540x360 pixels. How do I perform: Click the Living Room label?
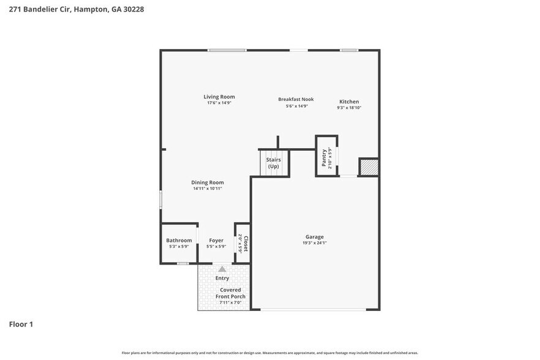pos(219,97)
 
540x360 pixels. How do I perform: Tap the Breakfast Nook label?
pos(296,99)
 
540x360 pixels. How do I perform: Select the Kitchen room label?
pos(349,102)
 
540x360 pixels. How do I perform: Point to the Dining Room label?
pos(207,182)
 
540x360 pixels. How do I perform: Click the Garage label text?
pos(315,237)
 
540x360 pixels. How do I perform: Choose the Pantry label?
pos(324,157)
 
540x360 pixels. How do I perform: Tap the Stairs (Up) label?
pos(273,163)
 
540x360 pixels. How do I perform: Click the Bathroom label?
pos(179,241)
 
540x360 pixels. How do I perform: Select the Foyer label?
pos(216,241)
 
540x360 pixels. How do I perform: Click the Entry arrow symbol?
pos(222,269)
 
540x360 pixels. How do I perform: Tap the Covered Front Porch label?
pos(230,293)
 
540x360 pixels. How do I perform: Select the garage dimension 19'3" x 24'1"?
pos(315,243)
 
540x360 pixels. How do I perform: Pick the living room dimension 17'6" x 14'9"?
pos(219,103)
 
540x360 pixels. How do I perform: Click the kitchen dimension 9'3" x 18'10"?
pos(349,108)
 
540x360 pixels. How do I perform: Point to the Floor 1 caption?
pos(21,324)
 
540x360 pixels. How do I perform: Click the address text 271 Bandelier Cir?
pos(37,10)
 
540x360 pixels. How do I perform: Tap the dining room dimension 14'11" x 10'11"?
pos(207,189)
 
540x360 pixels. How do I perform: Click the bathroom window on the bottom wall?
pos(182,264)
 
